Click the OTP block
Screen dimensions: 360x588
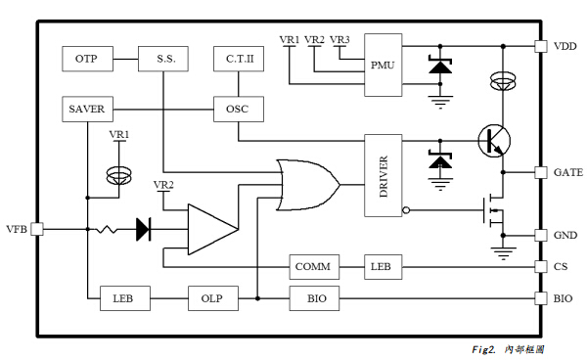tap(86, 59)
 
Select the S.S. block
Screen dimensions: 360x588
tap(164, 59)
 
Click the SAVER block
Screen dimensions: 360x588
tap(86, 108)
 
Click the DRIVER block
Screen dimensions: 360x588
tap(383, 175)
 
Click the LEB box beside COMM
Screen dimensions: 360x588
tap(380, 266)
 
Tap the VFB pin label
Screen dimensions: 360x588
tap(17, 229)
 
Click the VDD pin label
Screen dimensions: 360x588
tap(566, 45)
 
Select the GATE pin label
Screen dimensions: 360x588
tap(568, 172)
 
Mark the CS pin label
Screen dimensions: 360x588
tap(562, 266)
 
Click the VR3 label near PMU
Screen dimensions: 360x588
tap(339, 39)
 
